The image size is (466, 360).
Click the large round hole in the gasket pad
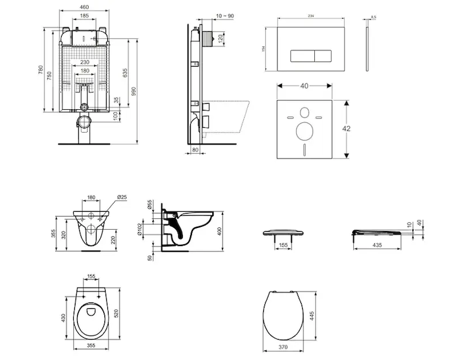pos(304,130)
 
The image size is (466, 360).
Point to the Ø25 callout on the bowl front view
pos(121,197)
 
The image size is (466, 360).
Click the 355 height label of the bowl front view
pos(55,233)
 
